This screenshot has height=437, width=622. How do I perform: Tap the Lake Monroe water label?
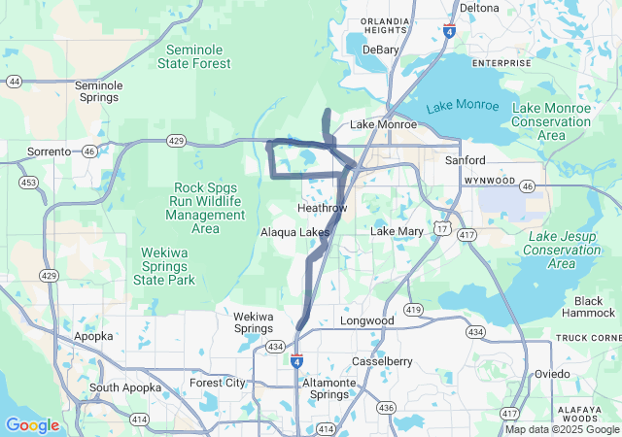[x=462, y=105]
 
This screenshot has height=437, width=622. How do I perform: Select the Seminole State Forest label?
[x=198, y=56]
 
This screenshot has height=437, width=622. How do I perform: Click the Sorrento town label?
[x=50, y=151]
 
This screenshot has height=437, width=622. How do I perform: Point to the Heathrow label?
[x=322, y=209]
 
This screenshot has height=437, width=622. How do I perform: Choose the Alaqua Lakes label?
[x=294, y=232]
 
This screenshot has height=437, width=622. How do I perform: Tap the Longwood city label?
[x=366, y=320]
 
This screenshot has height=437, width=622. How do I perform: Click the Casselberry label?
[x=382, y=361]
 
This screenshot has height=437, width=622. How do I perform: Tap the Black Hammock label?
[x=589, y=307]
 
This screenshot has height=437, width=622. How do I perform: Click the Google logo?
[x=32, y=425]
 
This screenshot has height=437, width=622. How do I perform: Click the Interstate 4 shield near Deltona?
[x=448, y=31]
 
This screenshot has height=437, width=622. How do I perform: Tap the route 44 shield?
[x=14, y=82]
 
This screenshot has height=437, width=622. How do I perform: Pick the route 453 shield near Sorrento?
[x=28, y=183]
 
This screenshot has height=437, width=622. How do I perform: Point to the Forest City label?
[x=218, y=383]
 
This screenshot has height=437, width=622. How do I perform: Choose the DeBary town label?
[x=380, y=50]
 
